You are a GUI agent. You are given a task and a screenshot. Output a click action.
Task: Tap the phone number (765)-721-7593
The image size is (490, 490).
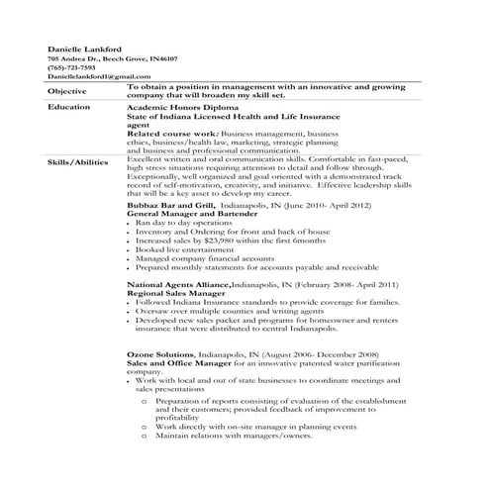(69, 67)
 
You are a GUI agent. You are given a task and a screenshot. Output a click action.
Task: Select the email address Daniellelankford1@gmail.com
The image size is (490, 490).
(91, 76)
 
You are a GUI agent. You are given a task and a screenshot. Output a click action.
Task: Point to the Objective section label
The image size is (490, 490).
(66, 92)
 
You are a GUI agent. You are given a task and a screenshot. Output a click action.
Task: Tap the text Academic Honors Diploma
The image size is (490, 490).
(173, 107)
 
